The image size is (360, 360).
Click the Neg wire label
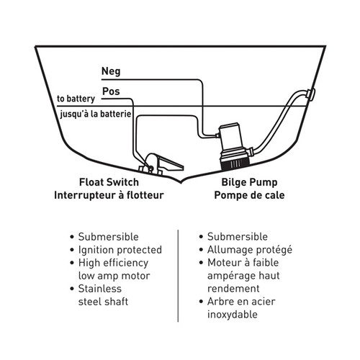(110, 71)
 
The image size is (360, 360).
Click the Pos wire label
(111, 92)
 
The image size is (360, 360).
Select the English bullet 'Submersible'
(111, 237)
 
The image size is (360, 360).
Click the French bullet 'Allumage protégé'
(248, 250)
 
